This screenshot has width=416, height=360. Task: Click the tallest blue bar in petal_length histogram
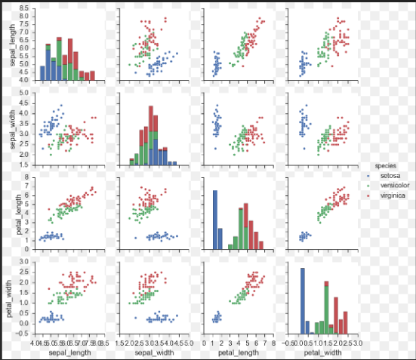point(215,220)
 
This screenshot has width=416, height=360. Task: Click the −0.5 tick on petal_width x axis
point(289,342)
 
